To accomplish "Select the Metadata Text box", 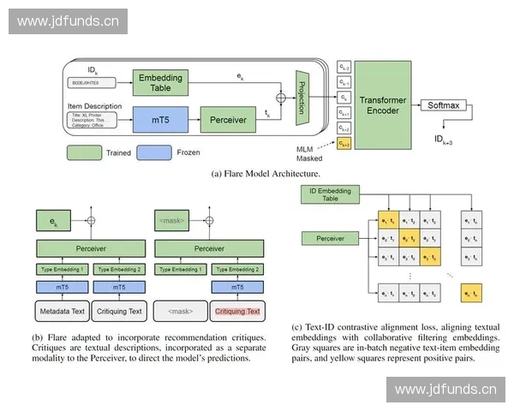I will [60, 311].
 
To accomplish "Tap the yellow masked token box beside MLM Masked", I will [344, 143].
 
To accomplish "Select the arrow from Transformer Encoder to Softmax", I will [415, 106].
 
